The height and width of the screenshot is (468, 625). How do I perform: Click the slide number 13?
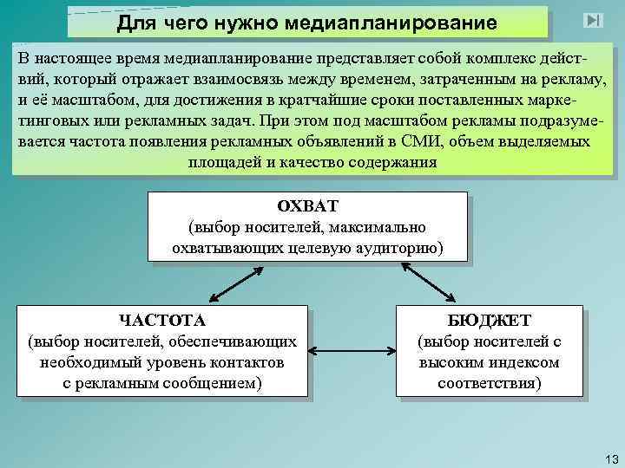click(x=609, y=457)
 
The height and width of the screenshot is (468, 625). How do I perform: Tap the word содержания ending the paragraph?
click(x=389, y=162)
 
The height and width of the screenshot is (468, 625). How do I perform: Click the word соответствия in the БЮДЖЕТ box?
click(x=489, y=382)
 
